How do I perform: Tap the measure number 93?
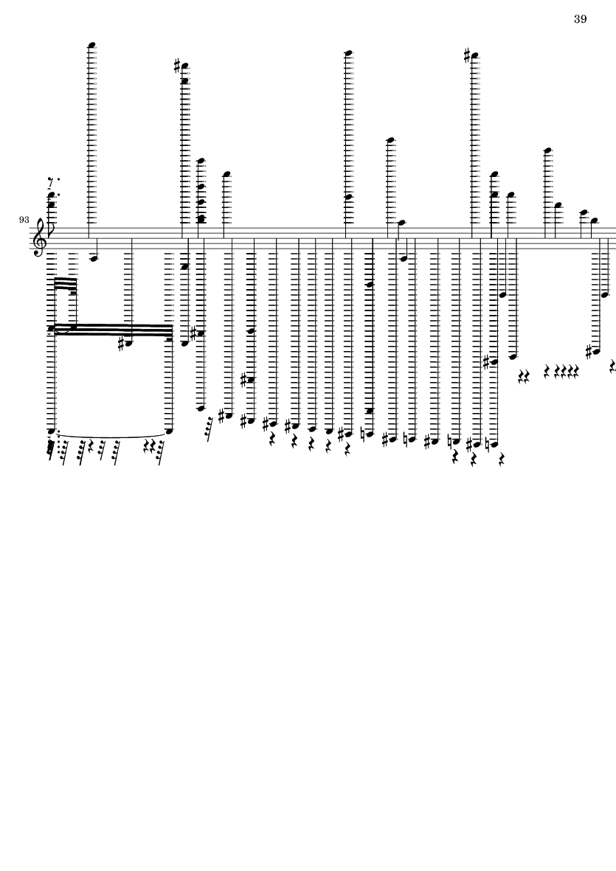[x=24, y=221]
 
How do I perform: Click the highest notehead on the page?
[x=92, y=45]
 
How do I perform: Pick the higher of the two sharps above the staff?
[x=467, y=55]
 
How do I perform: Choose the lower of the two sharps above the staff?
[x=177, y=66]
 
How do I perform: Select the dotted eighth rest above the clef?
[x=51, y=180]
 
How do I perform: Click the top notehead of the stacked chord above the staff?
[x=200, y=161]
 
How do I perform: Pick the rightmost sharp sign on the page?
[x=589, y=352]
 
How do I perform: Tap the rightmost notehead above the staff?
[x=593, y=221]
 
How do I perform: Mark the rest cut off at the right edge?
[x=612, y=366]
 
